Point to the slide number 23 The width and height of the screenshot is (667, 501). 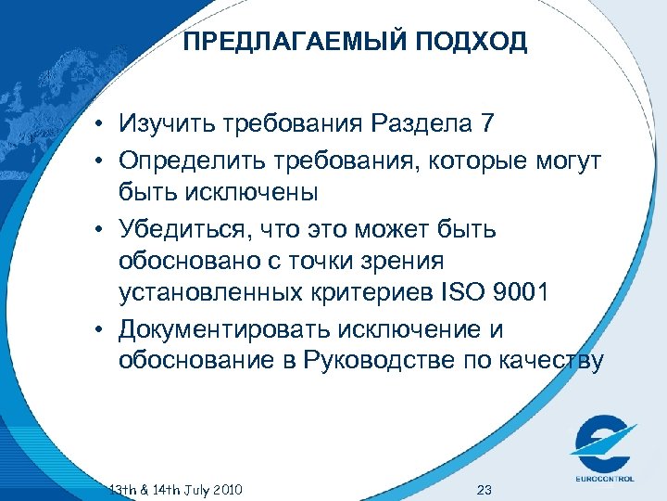(x=482, y=489)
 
